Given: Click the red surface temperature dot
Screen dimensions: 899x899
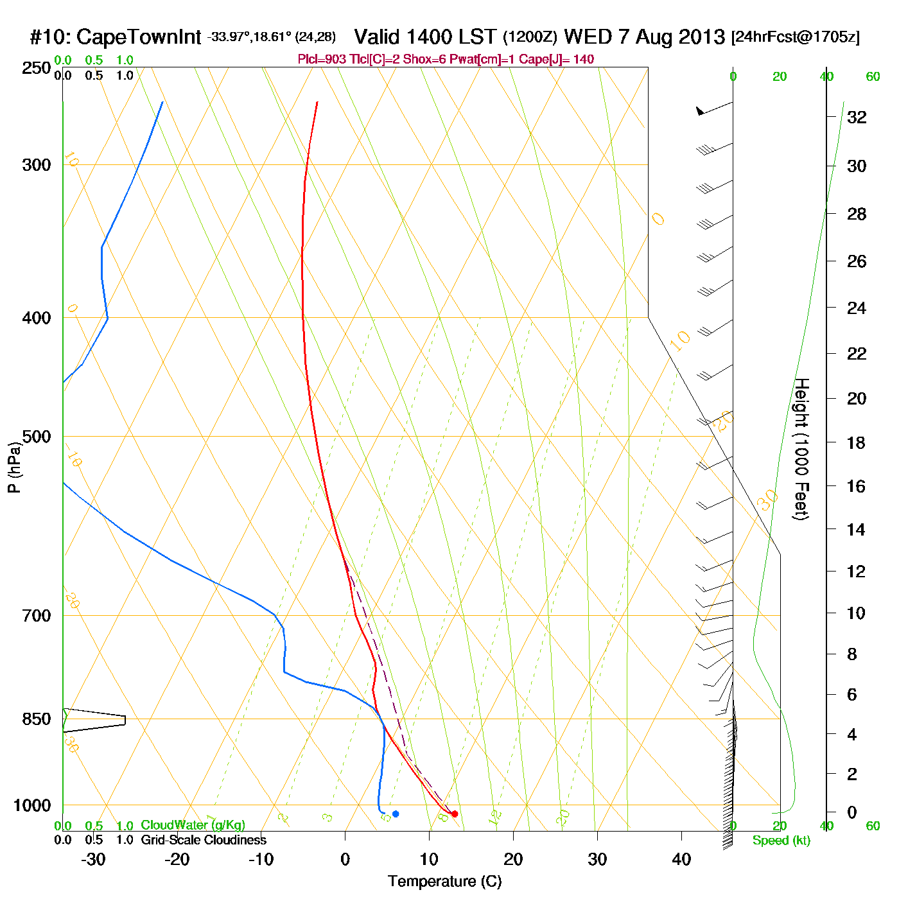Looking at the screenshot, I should pos(455,814).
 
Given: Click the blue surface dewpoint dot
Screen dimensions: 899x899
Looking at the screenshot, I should pos(396,814).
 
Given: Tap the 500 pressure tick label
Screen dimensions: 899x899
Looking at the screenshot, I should pos(37,437).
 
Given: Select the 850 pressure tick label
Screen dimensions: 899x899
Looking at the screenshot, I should pos(37,719).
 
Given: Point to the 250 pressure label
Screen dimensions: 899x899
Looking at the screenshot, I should pos(37,68).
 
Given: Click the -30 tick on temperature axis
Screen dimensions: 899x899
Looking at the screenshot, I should pos(93,859).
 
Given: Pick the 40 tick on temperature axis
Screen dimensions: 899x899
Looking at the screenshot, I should pos(681,859).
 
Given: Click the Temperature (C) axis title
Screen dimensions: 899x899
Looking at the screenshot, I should pos(444,882).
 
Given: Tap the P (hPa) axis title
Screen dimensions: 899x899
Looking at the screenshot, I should pos(14,467).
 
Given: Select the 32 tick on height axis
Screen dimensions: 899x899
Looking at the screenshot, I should pos(857,117).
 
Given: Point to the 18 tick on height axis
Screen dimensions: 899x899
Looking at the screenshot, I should pos(856,442).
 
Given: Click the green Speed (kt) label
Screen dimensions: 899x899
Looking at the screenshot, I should pos(781,841).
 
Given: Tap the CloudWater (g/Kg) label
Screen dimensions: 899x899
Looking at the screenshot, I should pos(193,825).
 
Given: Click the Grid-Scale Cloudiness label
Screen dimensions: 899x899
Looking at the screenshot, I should pos(204,840).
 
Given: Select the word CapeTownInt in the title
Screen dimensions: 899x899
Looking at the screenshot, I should pos(139,37).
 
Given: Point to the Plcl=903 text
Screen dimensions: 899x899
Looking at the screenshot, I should pos(322,60).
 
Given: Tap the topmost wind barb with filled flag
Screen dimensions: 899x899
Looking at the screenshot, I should pos(701,112).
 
